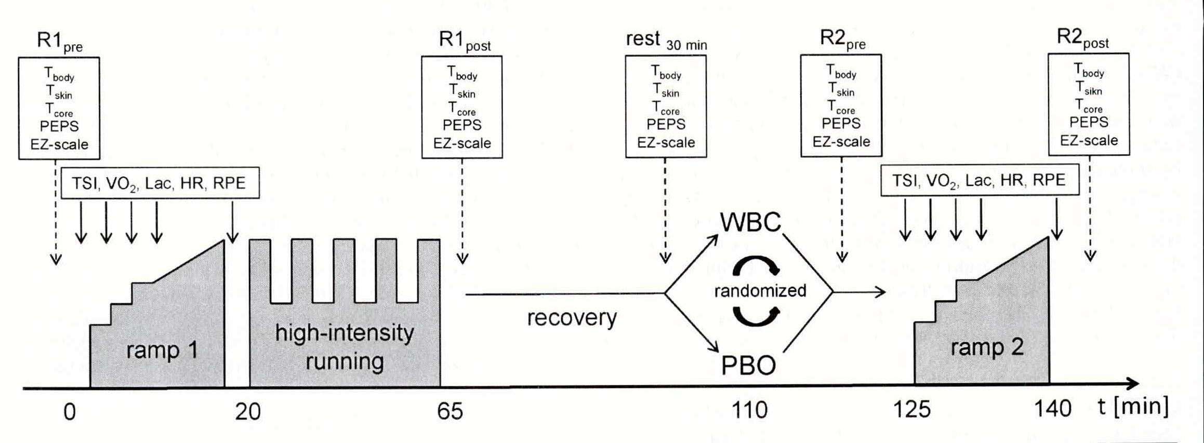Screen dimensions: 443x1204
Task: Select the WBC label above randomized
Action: (x=750, y=222)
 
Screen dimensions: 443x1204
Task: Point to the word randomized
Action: (x=760, y=291)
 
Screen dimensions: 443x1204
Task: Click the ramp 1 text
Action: (x=162, y=351)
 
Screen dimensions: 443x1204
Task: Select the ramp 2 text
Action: (x=987, y=347)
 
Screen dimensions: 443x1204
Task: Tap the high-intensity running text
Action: (x=345, y=347)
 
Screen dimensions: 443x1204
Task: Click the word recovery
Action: (x=572, y=317)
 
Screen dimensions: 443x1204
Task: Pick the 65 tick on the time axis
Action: (x=449, y=411)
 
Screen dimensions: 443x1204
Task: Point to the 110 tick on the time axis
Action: (x=749, y=411)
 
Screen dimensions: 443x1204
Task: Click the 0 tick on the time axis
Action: (x=70, y=412)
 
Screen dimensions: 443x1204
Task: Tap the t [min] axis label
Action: (x=1133, y=407)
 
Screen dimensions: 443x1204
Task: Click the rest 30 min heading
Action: (x=666, y=40)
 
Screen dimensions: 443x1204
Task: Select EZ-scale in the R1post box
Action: (x=462, y=143)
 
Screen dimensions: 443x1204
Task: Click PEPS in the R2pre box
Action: (x=841, y=124)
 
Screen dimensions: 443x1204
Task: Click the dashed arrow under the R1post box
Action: (x=462, y=208)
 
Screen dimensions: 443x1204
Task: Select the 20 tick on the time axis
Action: (x=248, y=412)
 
